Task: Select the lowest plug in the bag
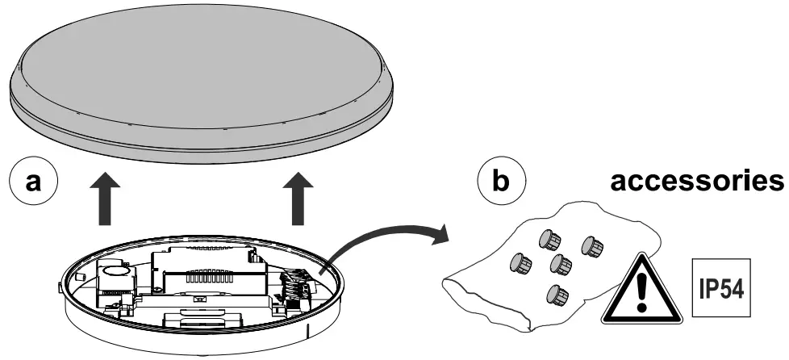tap(556, 294)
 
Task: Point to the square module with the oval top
tap(112, 279)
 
